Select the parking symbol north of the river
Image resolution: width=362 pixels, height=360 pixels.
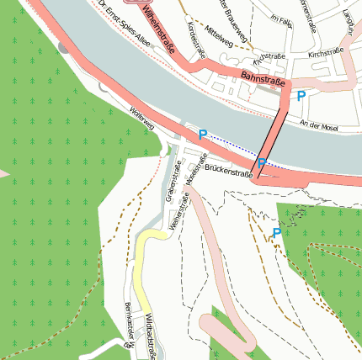click(301, 97)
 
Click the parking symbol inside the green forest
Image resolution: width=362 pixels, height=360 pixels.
click(276, 233)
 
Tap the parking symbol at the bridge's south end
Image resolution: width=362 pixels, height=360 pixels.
click(262, 162)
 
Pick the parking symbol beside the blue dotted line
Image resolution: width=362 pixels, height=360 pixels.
click(202, 134)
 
